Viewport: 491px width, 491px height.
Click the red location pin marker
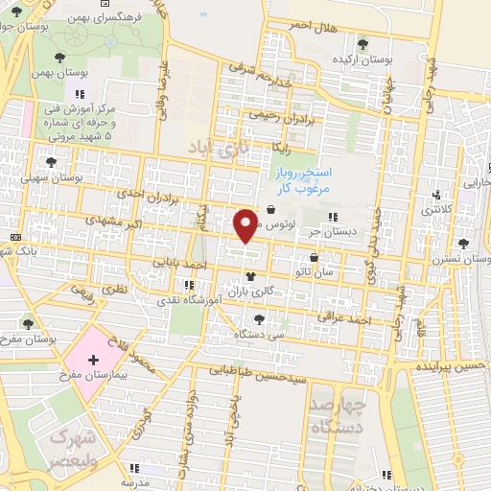[246, 224]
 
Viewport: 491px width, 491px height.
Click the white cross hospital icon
[93, 362]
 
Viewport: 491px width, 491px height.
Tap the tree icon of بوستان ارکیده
[362, 43]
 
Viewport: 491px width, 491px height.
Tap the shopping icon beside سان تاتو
[316, 256]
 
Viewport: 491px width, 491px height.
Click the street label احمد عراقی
[347, 321]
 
